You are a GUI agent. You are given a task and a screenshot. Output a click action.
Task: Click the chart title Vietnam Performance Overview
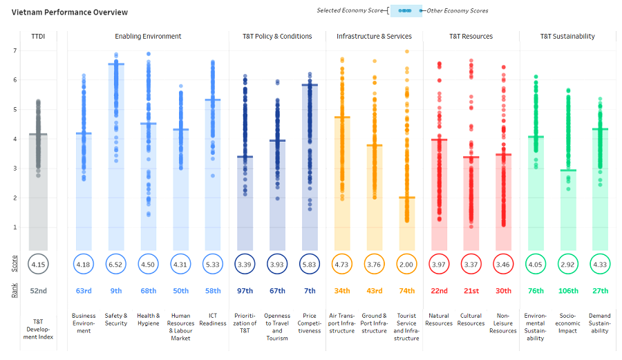pos(69,12)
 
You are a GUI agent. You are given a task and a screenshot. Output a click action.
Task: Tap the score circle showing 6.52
pos(116,264)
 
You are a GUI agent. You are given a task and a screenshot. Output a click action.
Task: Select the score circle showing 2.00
pos(406,264)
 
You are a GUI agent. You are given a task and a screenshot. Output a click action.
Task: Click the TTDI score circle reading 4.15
pos(38,264)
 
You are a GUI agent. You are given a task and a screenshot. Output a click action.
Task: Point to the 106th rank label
pos(568,291)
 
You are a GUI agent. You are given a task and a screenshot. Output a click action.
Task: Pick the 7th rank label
pos(310,291)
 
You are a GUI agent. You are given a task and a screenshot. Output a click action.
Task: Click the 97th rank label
pos(245,291)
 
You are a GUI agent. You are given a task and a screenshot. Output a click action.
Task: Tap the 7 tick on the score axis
pos(15,50)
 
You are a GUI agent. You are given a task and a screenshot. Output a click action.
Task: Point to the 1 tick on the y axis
pos(15,227)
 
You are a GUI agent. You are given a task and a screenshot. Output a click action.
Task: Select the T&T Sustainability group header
pos(567,36)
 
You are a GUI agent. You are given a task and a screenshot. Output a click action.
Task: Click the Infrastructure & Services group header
pos(374,36)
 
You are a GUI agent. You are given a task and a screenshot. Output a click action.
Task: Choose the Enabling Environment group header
pos(148,36)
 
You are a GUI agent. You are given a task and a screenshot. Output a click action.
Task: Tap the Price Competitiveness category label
pos(310,323)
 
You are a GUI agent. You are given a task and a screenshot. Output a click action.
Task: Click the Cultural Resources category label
pos(471,319)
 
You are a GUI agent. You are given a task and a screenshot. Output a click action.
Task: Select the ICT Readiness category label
pos(213,319)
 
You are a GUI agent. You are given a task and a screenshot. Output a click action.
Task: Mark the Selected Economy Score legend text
pos(350,10)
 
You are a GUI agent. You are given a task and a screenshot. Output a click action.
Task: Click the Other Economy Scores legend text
pos(458,10)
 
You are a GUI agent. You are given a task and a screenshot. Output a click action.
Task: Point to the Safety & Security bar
pos(116,157)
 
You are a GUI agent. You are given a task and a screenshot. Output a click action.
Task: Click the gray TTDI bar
pos(38,192)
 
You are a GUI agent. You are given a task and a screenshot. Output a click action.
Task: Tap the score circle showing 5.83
pos(310,264)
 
